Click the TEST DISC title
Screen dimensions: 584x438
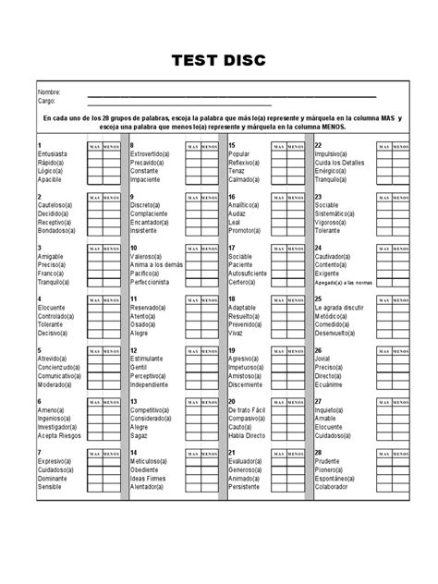point(219,62)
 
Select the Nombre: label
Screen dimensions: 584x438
point(48,93)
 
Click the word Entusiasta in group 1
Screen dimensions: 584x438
point(54,154)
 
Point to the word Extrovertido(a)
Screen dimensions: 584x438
point(155,154)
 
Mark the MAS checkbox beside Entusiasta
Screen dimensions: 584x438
point(94,154)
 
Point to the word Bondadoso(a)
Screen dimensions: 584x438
point(58,231)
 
